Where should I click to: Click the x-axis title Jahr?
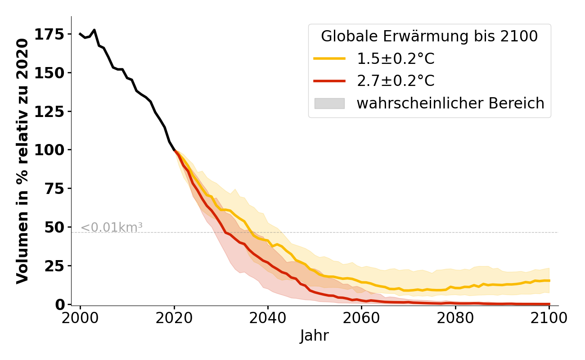click(x=315, y=336)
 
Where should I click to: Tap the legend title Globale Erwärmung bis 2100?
click(x=429, y=36)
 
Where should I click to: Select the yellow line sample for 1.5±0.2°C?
click(x=329, y=58)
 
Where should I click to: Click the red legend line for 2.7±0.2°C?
click(x=329, y=81)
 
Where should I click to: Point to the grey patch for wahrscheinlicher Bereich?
click(x=329, y=103)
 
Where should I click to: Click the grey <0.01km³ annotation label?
click(x=112, y=228)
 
